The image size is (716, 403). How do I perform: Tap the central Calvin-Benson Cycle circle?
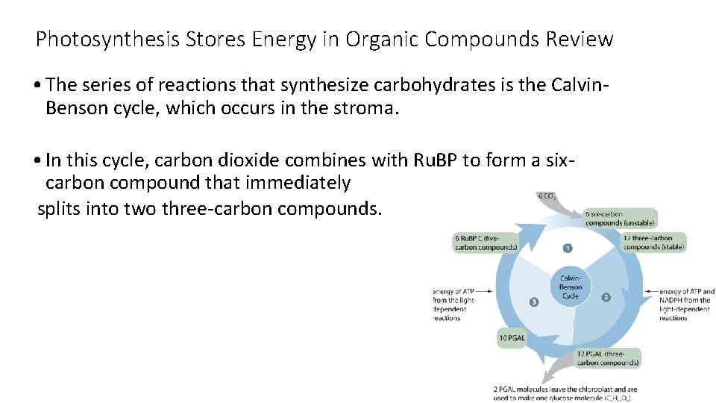click(571, 287)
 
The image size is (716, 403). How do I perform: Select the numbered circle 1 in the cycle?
click(568, 248)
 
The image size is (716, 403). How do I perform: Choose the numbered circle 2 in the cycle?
click(606, 297)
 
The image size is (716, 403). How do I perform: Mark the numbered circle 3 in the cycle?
click(533, 302)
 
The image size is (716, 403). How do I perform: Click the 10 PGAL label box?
click(512, 338)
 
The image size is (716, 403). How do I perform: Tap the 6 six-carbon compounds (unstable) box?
click(621, 218)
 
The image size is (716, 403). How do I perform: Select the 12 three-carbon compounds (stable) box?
click(653, 243)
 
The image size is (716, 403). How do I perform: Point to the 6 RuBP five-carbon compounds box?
click(486, 243)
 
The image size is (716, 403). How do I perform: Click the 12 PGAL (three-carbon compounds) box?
click(608, 357)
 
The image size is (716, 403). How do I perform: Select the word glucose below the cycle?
click(576, 398)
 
